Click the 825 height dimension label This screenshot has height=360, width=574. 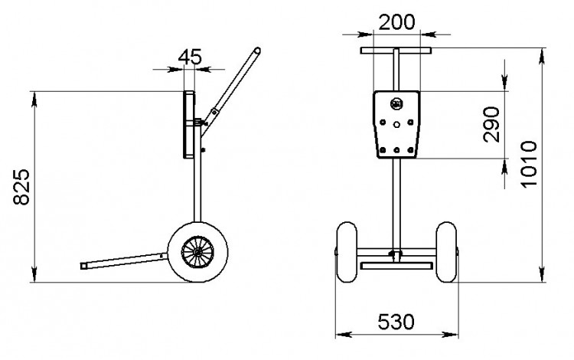click(21, 187)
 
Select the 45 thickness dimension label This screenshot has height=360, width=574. click(190, 57)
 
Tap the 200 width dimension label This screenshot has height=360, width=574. click(396, 22)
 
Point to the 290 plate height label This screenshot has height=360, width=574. click(491, 124)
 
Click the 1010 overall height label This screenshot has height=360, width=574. click(529, 163)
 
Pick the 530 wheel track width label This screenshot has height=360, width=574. click(396, 322)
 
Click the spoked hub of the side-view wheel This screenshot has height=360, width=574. click(197, 252)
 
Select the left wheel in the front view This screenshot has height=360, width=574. click(346, 252)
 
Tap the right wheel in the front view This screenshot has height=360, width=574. click(446, 252)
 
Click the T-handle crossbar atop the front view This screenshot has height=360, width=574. click(396, 51)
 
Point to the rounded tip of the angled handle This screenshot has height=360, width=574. click(257, 51)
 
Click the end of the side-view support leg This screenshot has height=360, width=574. click(83, 266)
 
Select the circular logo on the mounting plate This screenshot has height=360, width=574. click(396, 104)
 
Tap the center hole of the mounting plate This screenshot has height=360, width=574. click(396, 125)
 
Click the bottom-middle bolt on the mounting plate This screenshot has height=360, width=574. click(396, 150)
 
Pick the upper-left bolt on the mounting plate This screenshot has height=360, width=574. click(383, 122)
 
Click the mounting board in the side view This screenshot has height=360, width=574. click(189, 125)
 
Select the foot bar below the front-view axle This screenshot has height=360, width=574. click(396, 266)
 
